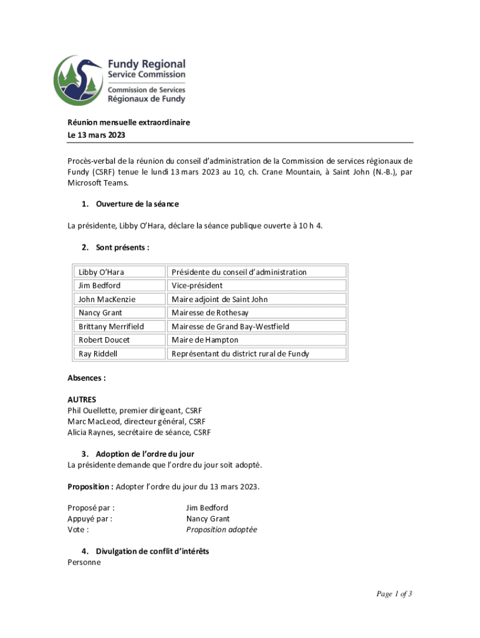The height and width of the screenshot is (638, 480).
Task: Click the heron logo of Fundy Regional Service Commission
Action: tap(79, 80)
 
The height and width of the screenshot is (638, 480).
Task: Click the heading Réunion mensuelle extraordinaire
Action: tap(128, 123)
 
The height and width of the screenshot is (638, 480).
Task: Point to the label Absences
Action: tap(87, 378)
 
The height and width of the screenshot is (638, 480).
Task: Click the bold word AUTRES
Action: tap(82, 399)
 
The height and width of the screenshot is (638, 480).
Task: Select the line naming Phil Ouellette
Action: tap(134, 411)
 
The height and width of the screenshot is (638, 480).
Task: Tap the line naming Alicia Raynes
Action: tap(138, 432)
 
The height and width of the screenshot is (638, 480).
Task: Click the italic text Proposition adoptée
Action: tap(221, 530)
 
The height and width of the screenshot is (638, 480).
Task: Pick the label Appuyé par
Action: tap(90, 518)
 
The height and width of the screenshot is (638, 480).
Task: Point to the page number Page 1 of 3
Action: tap(394, 594)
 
